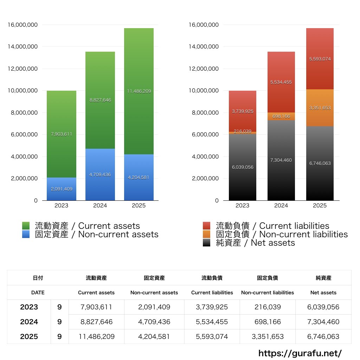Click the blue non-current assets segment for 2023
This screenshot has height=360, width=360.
(62, 189)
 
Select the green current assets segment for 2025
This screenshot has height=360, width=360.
(139, 91)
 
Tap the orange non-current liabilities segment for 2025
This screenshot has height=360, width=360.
(320, 108)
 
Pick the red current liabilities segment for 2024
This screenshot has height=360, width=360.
(281, 82)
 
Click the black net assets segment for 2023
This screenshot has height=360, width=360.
(242, 167)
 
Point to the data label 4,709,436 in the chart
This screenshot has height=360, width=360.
(100, 175)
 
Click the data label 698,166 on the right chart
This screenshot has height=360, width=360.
(281, 116)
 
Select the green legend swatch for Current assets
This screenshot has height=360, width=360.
(26, 226)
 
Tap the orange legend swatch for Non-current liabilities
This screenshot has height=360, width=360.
(207, 234)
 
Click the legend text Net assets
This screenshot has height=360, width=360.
(272, 243)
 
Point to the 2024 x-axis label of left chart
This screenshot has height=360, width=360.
(100, 206)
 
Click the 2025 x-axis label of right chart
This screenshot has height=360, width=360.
(320, 206)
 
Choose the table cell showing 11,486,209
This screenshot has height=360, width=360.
(96, 336)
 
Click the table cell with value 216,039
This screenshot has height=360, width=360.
(268, 307)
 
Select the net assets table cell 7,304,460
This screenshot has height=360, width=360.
(323, 322)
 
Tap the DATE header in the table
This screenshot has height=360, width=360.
(38, 292)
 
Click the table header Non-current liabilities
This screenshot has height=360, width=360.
(268, 292)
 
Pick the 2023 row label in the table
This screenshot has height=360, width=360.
(29, 307)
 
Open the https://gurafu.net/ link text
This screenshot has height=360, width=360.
(300, 353)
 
